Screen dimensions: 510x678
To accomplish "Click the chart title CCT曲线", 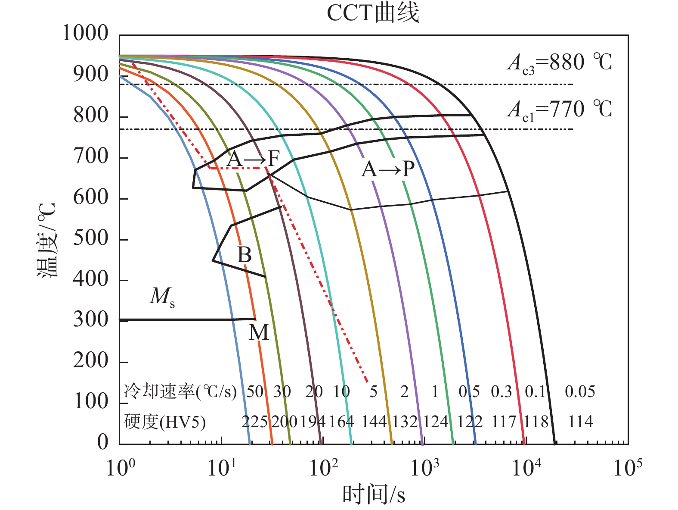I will click(x=373, y=13).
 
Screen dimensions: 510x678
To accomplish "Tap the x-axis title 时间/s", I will click(x=373, y=494).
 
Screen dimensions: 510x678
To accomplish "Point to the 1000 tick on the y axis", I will click(x=85, y=33).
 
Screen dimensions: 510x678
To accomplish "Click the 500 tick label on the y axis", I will click(x=90, y=238).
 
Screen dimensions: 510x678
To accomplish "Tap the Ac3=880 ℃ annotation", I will click(x=559, y=63).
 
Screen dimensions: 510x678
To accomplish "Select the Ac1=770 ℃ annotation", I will click(x=559, y=109).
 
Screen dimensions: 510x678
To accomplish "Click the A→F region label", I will click(x=253, y=160).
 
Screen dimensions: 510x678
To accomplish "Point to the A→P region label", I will click(x=388, y=169).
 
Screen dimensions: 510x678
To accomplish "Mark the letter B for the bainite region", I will click(x=245, y=255).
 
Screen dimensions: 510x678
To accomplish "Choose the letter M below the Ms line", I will click(x=259, y=333).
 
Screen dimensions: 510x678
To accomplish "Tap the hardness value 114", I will click(x=580, y=421).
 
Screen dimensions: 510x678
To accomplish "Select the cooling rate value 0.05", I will click(x=580, y=391).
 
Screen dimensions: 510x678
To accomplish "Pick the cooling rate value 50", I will click(x=255, y=391).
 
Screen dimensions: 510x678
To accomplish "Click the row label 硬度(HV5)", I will click(x=165, y=422).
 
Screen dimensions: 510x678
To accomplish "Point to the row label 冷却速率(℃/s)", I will click(x=180, y=391).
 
